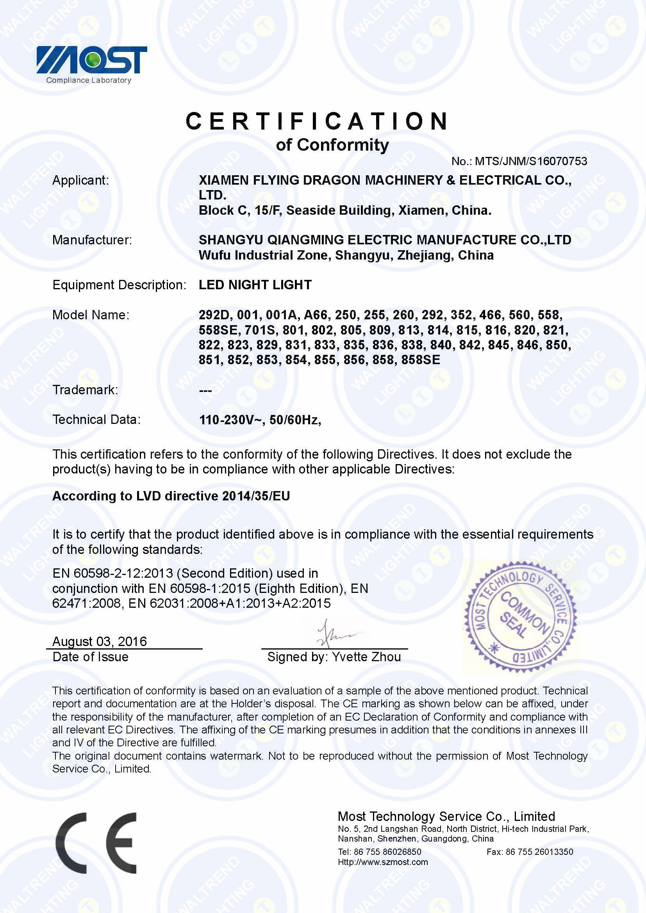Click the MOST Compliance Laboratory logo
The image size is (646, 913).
click(91, 64)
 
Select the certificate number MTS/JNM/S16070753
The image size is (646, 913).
click(531, 161)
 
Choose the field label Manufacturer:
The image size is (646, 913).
click(92, 240)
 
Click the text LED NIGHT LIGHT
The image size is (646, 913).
click(255, 285)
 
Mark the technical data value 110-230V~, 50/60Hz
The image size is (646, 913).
click(260, 420)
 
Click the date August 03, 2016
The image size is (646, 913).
click(100, 641)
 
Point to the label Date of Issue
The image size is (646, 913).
click(90, 657)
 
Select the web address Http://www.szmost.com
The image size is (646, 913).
click(383, 862)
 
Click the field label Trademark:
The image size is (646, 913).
click(85, 390)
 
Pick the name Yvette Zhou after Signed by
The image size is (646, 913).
click(366, 657)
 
